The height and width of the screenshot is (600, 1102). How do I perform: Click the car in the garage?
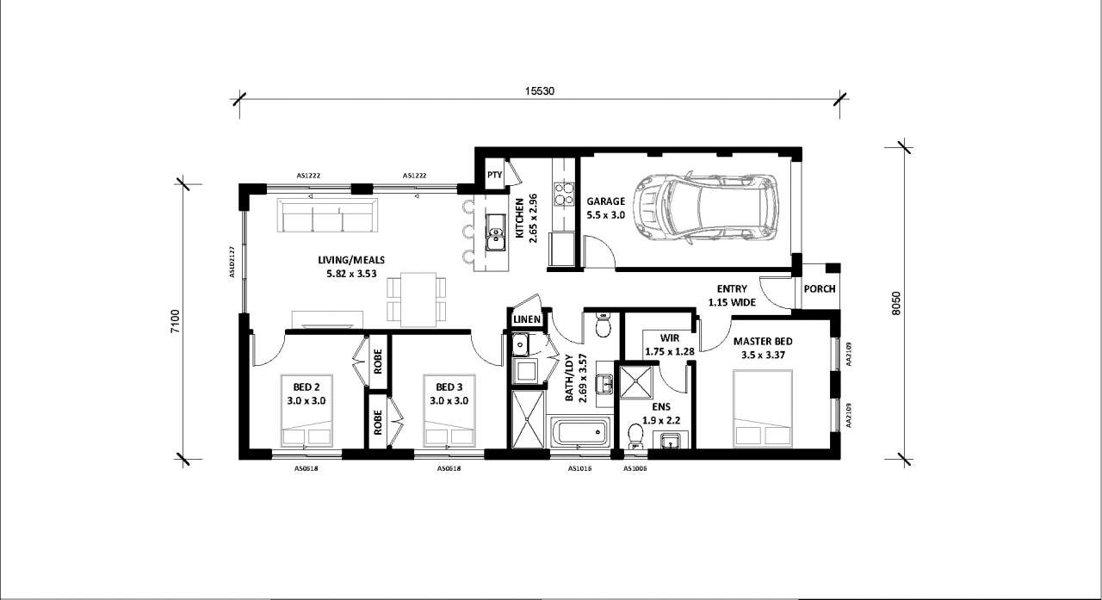pyautogui.click(x=706, y=208)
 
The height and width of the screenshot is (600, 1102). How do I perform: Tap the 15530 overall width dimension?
pyautogui.click(x=540, y=91)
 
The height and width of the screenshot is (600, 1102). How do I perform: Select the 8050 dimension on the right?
pyautogui.click(x=896, y=303)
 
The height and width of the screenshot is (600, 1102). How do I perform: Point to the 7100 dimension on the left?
pyautogui.click(x=176, y=321)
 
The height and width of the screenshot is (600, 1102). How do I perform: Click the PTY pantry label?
pyautogui.click(x=494, y=175)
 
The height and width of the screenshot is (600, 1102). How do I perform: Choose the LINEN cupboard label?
pyautogui.click(x=527, y=319)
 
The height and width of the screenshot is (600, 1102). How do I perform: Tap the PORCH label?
pyautogui.click(x=820, y=289)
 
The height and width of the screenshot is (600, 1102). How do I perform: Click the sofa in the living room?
pyautogui.click(x=327, y=215)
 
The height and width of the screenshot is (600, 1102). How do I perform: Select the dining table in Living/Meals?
pyautogui.click(x=418, y=300)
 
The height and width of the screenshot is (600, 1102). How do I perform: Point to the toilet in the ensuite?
pyautogui.click(x=635, y=436)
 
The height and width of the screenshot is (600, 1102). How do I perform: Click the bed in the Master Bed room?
pyautogui.click(x=763, y=409)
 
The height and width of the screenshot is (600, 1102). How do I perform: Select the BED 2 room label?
pyautogui.click(x=306, y=387)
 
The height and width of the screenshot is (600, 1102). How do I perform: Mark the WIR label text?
pyautogui.click(x=670, y=337)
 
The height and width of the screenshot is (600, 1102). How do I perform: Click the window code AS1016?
pyautogui.click(x=580, y=468)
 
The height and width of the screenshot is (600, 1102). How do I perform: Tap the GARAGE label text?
pyautogui.click(x=605, y=201)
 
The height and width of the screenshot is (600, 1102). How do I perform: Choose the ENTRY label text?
pyautogui.click(x=732, y=289)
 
